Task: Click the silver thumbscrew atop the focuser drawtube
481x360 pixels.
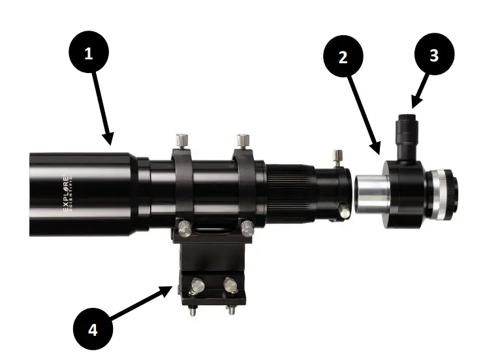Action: point(337,156)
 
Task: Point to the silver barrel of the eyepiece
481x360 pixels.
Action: point(371,195)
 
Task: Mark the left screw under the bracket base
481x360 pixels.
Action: point(194,309)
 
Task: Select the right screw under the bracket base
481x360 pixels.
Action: point(229,309)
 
